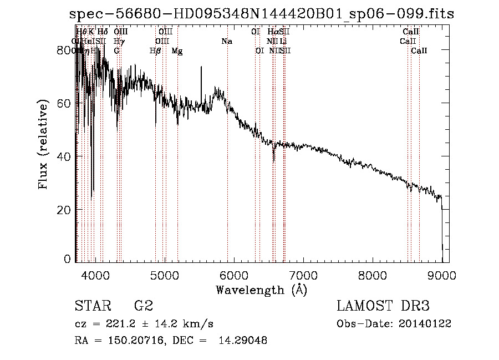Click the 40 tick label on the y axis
click(65, 156)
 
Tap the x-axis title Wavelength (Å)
click(261, 290)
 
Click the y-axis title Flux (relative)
click(44, 144)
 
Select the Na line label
click(226, 41)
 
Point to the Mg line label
click(177, 51)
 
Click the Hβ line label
click(155, 51)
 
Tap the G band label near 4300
click(117, 51)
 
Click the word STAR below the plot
click(92, 306)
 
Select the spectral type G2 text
click(144, 306)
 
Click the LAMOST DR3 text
click(383, 306)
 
